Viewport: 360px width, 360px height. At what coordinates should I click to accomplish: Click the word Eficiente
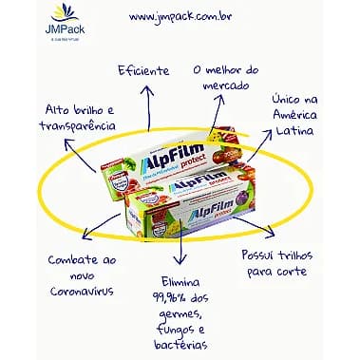[x=143, y=70]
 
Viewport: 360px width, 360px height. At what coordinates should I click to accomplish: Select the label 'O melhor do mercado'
[x=226, y=77]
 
